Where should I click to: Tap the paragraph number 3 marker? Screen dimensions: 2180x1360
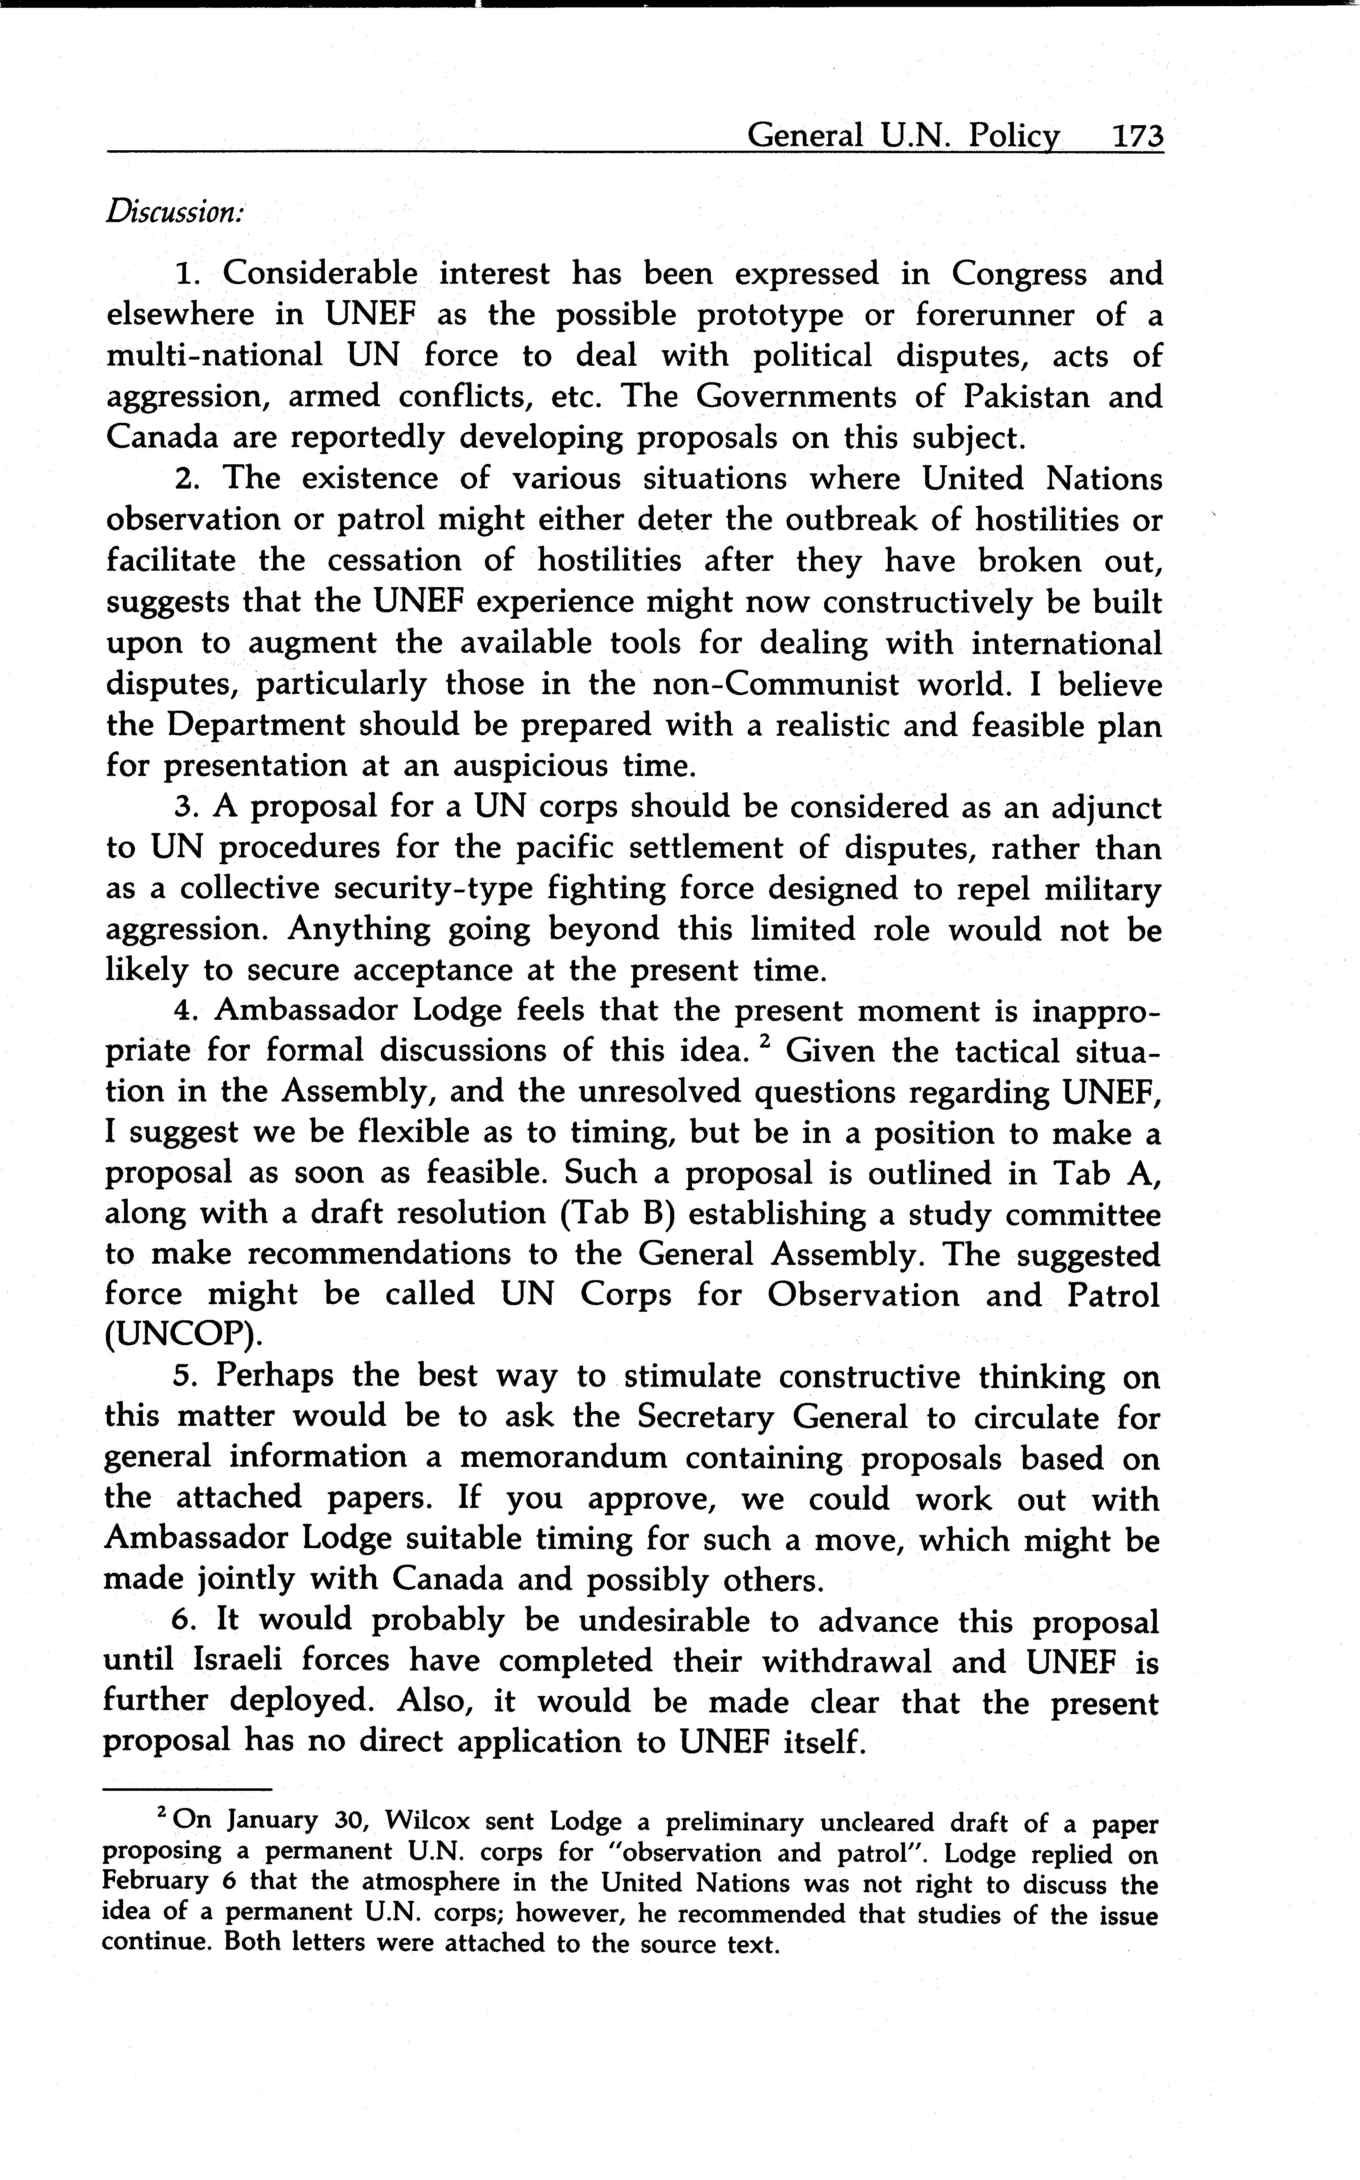click(185, 808)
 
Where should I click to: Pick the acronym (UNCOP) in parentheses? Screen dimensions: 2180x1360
click(184, 1336)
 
